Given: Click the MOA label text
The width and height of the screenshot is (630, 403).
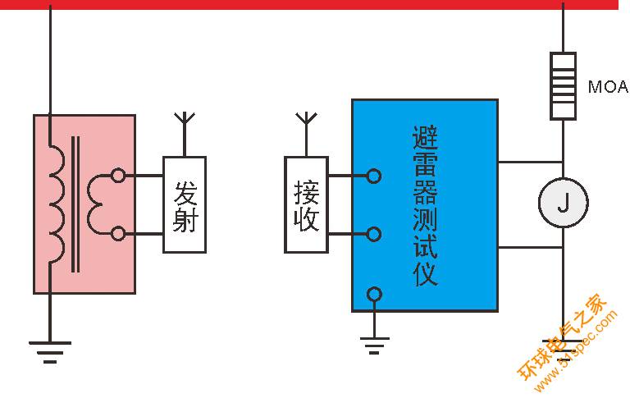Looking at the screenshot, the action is [x=609, y=86].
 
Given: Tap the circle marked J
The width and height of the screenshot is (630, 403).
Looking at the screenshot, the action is [x=564, y=203].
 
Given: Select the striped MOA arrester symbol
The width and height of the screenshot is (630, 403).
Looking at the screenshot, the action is [x=563, y=86].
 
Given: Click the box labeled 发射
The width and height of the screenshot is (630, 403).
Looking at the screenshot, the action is [x=185, y=204].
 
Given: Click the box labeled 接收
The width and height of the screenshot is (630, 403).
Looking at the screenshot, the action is [x=306, y=204].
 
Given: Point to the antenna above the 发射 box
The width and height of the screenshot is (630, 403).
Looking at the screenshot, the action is [x=185, y=134].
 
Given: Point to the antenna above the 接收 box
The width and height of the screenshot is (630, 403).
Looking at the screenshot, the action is [x=306, y=134].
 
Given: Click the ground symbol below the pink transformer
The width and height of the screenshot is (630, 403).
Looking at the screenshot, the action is [x=50, y=352].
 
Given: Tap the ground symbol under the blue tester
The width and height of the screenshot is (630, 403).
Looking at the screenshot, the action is [x=374, y=346].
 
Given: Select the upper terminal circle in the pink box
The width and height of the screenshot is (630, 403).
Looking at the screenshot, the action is [x=118, y=176].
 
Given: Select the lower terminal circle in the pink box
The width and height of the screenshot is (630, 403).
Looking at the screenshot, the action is [x=118, y=234].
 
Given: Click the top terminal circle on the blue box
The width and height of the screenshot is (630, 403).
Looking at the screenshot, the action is [x=374, y=176].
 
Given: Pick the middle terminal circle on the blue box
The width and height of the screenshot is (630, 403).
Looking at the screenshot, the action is [x=374, y=234].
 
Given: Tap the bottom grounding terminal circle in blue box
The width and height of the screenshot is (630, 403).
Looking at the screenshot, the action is [x=374, y=295].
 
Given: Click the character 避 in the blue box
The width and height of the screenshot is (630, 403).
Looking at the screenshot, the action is [x=425, y=139].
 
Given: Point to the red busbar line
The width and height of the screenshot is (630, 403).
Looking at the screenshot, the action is [x=309, y=4].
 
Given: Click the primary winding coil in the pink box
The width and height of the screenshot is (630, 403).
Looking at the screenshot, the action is [x=57, y=204].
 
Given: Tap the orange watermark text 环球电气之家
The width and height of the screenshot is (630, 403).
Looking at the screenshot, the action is [x=563, y=337].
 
